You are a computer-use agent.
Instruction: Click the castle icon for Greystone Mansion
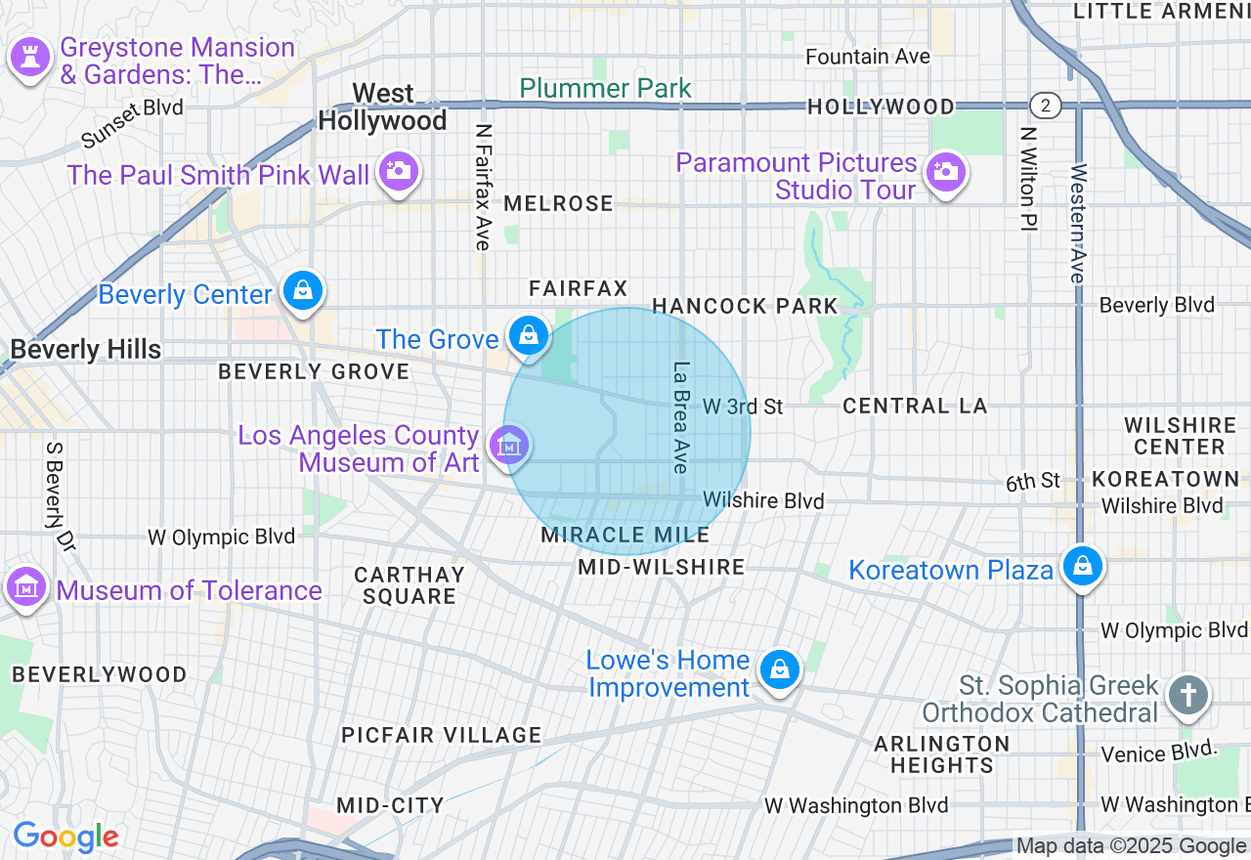[x=30, y=57]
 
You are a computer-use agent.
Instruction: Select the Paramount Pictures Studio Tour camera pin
[x=944, y=172]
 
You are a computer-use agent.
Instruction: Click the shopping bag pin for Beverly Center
[x=303, y=290]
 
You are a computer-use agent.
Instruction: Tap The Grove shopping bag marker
[x=529, y=335]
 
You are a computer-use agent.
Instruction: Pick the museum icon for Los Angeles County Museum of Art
[x=508, y=447]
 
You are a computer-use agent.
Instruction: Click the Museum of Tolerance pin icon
[x=27, y=587]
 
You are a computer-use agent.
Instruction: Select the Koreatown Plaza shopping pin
[x=1082, y=566]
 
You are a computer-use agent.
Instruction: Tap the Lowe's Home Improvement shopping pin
[x=779, y=670]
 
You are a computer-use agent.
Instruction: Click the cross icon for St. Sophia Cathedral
[x=1187, y=696]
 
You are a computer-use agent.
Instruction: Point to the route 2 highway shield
[x=1045, y=105]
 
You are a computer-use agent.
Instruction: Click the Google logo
[x=65, y=837]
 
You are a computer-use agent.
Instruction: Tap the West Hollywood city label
[x=383, y=107]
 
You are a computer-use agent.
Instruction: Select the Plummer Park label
[x=605, y=88]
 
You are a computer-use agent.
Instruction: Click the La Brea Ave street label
[x=681, y=417]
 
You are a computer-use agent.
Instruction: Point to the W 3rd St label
[x=743, y=406]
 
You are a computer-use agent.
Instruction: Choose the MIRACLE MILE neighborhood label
[x=625, y=535]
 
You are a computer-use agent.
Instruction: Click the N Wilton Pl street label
[x=1026, y=178]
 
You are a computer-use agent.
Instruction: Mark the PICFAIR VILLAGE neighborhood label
[x=441, y=735]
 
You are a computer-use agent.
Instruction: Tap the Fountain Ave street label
[x=867, y=57]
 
